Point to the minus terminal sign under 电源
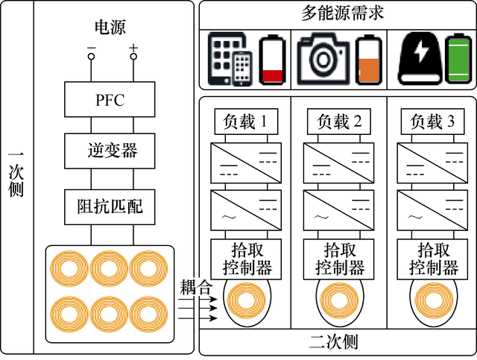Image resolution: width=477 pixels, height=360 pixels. tap(91, 48)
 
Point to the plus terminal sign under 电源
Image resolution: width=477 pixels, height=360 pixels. tap(133, 48)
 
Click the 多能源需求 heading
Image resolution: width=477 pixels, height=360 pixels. tap(338, 13)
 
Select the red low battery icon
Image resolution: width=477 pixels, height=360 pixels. tap(272, 60)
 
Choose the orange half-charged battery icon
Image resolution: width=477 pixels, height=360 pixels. tap(366, 60)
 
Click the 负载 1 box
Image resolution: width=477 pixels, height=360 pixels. tap(245, 121)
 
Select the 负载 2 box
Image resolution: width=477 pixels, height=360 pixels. tap(338, 121)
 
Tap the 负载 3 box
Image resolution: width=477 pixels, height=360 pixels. tap(431, 121)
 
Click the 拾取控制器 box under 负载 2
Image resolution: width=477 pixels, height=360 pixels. tap(338, 258)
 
